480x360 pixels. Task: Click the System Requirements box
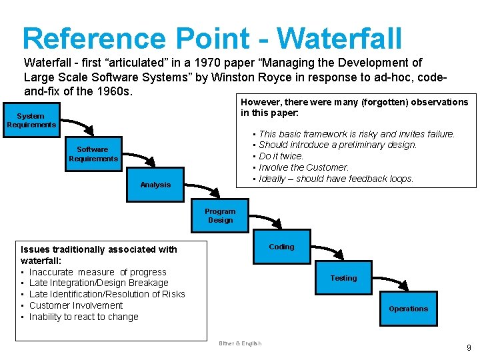click(x=31, y=121)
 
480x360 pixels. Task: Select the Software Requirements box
click(x=93, y=154)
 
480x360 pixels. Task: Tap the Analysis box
click(x=155, y=185)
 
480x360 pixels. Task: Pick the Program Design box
click(x=220, y=216)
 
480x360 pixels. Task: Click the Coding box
click(x=281, y=247)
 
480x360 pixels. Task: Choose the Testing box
click(x=343, y=278)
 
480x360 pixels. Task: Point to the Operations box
click(x=408, y=309)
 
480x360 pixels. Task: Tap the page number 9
click(x=469, y=347)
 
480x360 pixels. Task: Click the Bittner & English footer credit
click(x=240, y=344)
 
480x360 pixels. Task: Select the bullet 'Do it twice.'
click(x=281, y=156)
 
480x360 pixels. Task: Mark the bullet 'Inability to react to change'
click(x=83, y=317)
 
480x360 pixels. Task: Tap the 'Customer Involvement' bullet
click(x=76, y=305)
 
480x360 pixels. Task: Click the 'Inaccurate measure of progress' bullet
click(x=97, y=272)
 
